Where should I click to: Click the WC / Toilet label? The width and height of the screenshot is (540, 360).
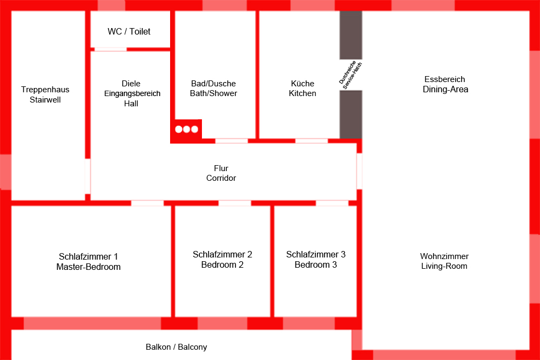pyautogui.click(x=129, y=32)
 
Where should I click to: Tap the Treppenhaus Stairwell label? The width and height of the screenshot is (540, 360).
pyautogui.click(x=45, y=94)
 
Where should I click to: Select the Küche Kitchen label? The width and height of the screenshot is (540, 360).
pyautogui.click(x=302, y=89)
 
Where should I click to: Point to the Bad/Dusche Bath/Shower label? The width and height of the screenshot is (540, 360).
pyautogui.click(x=213, y=89)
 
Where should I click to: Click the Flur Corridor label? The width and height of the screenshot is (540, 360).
pyautogui.click(x=221, y=173)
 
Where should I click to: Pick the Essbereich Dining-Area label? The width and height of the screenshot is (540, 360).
pyautogui.click(x=445, y=84)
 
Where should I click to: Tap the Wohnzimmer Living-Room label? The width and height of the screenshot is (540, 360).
pyautogui.click(x=444, y=261)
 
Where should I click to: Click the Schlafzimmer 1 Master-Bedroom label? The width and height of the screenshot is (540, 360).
pyautogui.click(x=89, y=262)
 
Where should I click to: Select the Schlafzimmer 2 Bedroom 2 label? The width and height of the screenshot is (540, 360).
pyautogui.click(x=222, y=260)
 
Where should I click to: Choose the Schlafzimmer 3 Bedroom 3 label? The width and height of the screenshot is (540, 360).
pyautogui.click(x=316, y=260)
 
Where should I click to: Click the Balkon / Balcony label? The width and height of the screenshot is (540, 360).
pyautogui.click(x=176, y=347)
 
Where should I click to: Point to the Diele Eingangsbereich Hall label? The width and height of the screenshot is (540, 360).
pyautogui.click(x=131, y=93)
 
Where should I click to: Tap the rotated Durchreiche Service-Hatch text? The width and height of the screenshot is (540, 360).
pyautogui.click(x=350, y=74)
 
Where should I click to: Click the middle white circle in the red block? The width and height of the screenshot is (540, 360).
pyautogui.click(x=187, y=130)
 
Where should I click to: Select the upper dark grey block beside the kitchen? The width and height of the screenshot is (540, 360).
pyautogui.click(x=350, y=35)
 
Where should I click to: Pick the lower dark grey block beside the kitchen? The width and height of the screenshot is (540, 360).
pyautogui.click(x=350, y=114)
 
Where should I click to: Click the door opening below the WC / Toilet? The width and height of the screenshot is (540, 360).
pyautogui.click(x=111, y=49)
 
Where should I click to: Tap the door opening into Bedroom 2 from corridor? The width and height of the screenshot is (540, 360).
pyautogui.click(x=234, y=203)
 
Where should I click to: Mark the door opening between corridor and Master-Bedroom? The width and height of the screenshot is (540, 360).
pyautogui.click(x=147, y=203)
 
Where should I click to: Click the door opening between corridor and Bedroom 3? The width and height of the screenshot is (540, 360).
pyautogui.click(x=332, y=203)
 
